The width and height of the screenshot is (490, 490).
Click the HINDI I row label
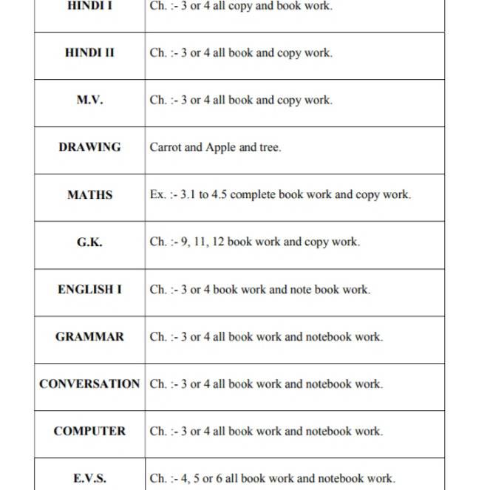coord(89,6)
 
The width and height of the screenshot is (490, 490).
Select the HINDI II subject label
coord(89,53)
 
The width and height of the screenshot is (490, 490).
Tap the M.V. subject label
coord(89,101)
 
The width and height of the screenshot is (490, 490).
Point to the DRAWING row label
coord(89,147)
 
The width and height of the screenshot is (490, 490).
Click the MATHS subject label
coord(89,195)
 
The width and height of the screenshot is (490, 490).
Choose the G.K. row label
coord(89,242)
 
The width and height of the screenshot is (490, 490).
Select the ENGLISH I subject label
coord(89,290)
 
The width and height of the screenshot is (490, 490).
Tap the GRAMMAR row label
coord(89,336)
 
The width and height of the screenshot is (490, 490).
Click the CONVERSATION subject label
coord(89,384)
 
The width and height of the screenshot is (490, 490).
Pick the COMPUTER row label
coord(89,431)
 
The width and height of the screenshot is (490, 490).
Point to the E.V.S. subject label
coord(89,478)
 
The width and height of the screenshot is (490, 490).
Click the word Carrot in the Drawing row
coord(166,147)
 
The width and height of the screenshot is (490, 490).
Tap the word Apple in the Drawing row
coord(221,148)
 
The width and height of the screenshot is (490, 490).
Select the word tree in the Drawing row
coord(268,147)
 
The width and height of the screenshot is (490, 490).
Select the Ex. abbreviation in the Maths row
coord(157,195)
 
